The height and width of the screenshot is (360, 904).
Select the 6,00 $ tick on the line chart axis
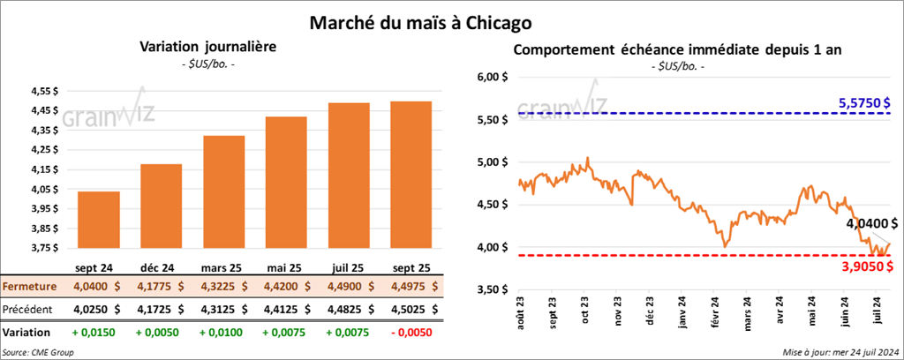click(x=492, y=78)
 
